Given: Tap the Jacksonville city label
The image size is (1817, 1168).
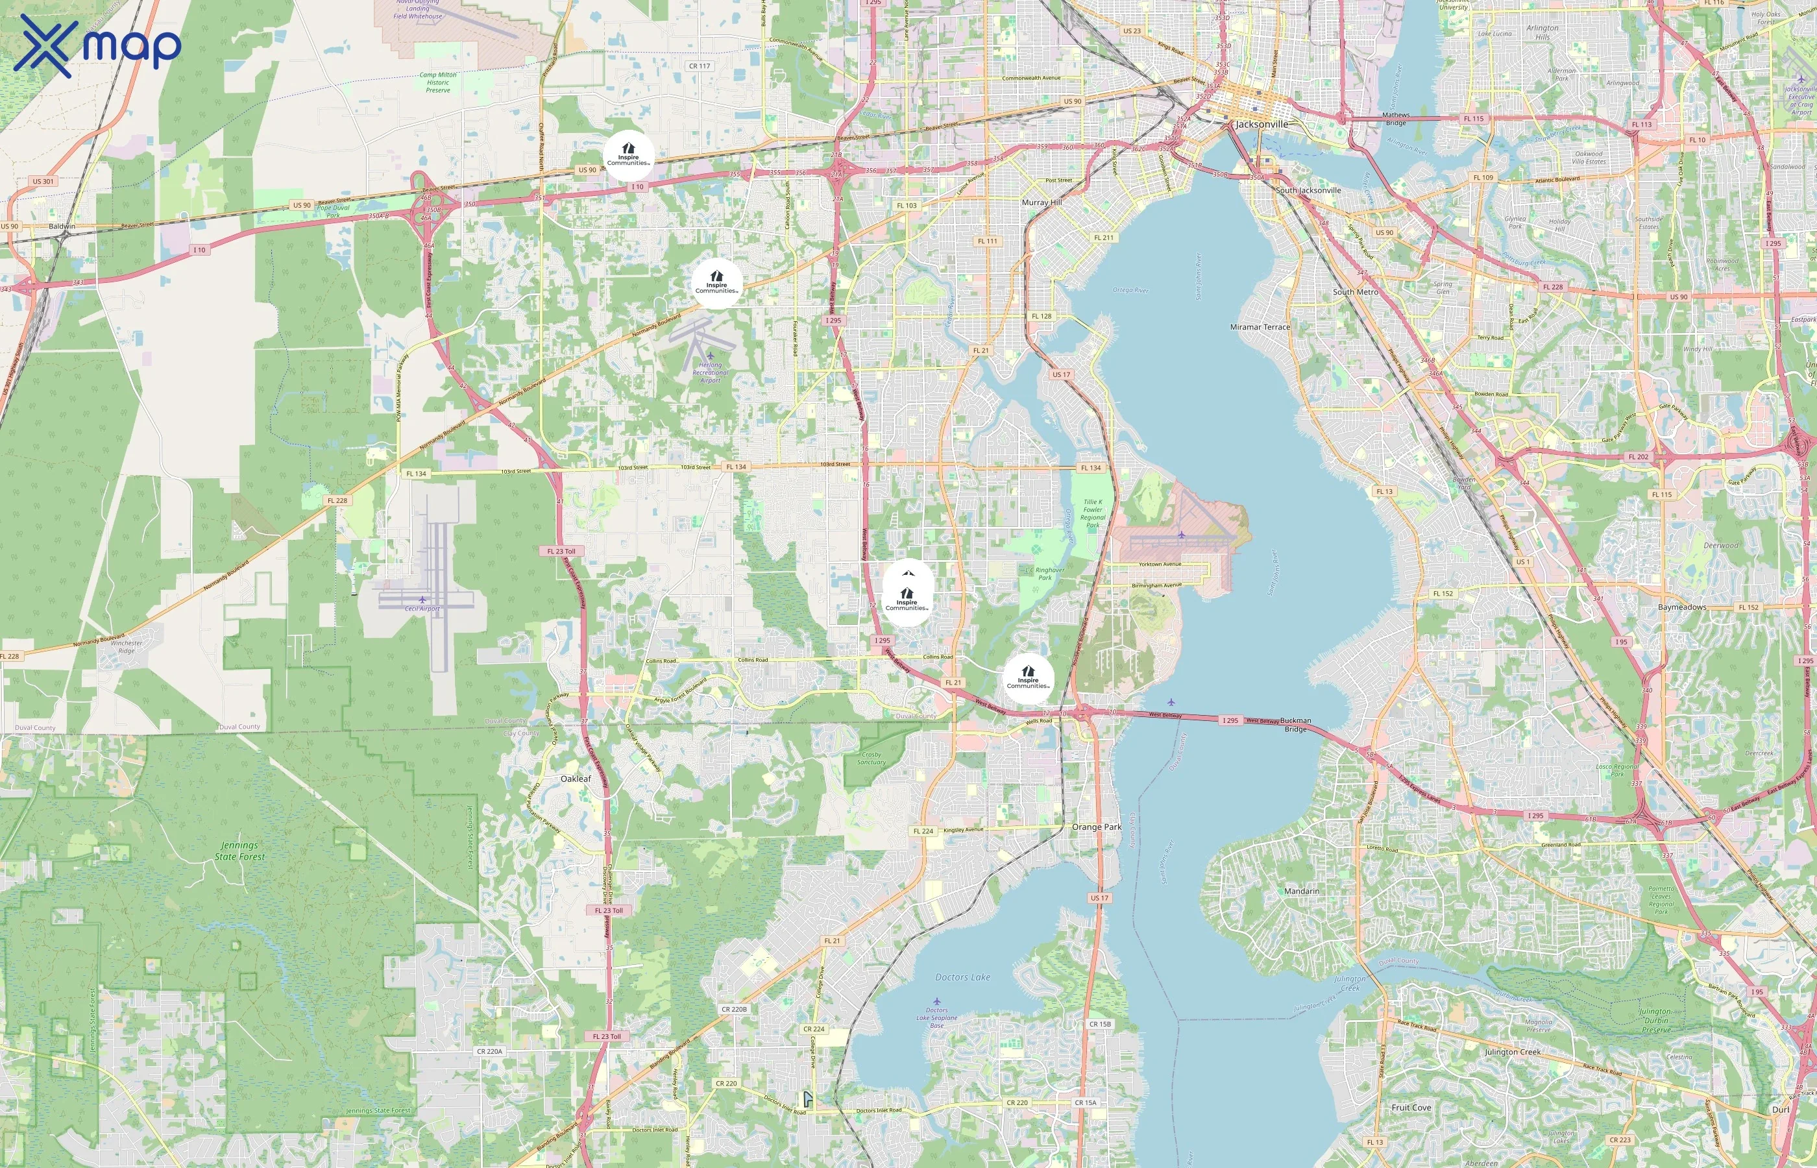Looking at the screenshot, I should [x=1261, y=125].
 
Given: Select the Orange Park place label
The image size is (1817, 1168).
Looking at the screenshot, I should [x=1096, y=827].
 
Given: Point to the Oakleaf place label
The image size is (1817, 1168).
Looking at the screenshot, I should [x=576, y=779].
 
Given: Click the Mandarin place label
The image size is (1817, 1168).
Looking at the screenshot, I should [x=1301, y=891].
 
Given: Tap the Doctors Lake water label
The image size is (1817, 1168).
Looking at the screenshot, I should [x=962, y=977].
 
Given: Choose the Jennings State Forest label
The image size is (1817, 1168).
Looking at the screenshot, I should [x=239, y=851].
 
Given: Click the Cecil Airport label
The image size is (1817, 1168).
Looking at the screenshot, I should [x=422, y=608].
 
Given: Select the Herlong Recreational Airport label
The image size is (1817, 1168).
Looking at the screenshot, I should [x=710, y=372].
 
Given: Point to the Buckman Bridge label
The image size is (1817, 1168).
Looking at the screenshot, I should [x=1295, y=724].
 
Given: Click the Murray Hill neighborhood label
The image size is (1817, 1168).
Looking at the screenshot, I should [x=1042, y=202].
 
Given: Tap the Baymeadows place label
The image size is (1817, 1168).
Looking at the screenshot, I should [x=1681, y=607].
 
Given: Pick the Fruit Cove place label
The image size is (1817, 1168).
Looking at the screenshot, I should [x=1411, y=1107].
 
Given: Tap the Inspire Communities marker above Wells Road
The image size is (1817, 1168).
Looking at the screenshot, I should [x=1027, y=678].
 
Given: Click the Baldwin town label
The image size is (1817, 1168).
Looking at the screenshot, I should [x=62, y=226].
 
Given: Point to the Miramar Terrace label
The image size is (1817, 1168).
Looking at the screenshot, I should [x=1260, y=327].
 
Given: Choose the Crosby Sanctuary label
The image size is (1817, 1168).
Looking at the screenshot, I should [x=872, y=759].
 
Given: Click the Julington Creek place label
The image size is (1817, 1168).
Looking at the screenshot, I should [x=1512, y=1052].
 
